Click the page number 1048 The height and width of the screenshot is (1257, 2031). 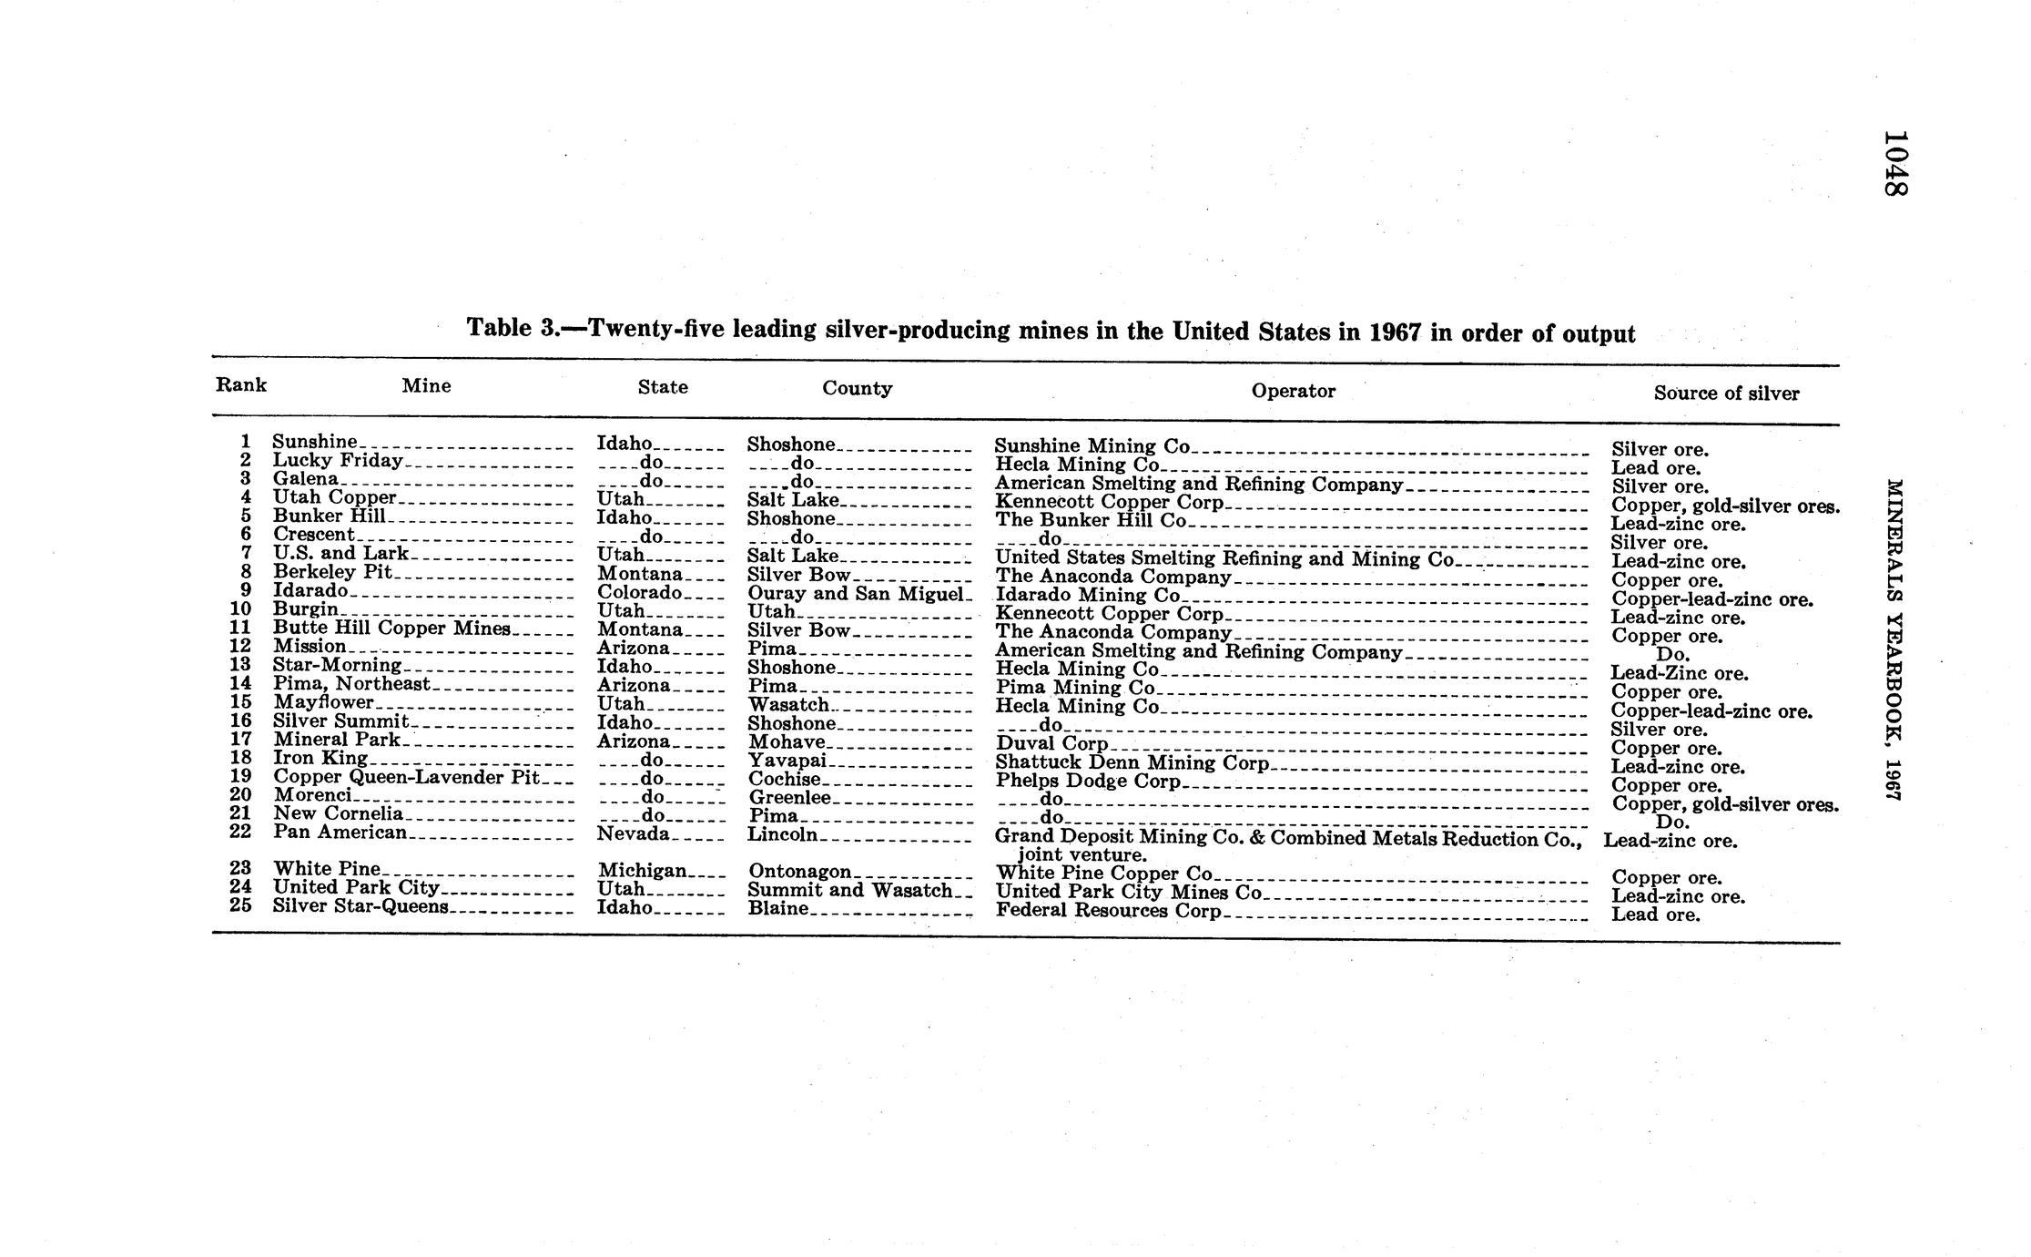coord(1895,163)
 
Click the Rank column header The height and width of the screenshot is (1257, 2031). coord(241,384)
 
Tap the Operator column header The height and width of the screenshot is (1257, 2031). coord(1293,391)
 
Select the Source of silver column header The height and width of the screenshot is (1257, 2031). coord(1726,393)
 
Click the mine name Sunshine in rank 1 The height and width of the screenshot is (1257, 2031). coord(315,442)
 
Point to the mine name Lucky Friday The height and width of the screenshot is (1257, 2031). coord(338,461)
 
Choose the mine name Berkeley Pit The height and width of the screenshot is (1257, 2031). coord(332,572)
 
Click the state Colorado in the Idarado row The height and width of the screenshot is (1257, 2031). coord(639,592)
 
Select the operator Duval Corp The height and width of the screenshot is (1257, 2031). coord(1051,743)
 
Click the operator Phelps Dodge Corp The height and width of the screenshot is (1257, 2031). coord(1088,781)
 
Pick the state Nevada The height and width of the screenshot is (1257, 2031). coord(633,833)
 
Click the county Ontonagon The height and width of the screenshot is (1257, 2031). coord(799,872)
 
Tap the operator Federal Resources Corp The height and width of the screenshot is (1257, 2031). coord(1108,910)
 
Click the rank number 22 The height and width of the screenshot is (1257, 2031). coord(240,832)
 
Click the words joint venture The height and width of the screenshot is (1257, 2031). coord(1082,855)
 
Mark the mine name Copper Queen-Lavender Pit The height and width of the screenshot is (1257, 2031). coord(406,777)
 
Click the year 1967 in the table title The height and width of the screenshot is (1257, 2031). coord(1395,332)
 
